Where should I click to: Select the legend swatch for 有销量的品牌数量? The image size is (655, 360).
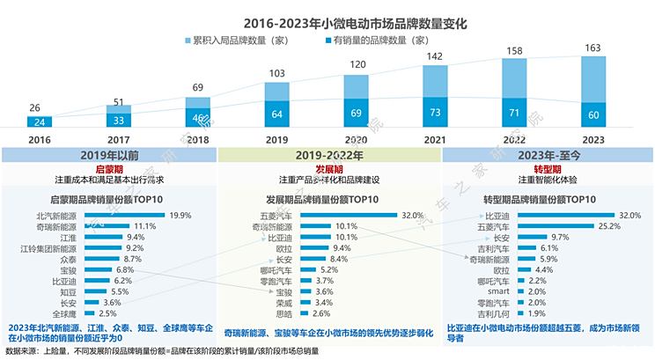click(x=327, y=40)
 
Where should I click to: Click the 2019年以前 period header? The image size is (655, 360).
click(x=108, y=155)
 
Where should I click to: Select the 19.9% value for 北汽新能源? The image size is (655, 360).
click(x=181, y=215)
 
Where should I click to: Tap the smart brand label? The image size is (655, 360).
click(x=498, y=290)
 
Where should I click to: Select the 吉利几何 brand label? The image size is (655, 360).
click(x=492, y=312)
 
